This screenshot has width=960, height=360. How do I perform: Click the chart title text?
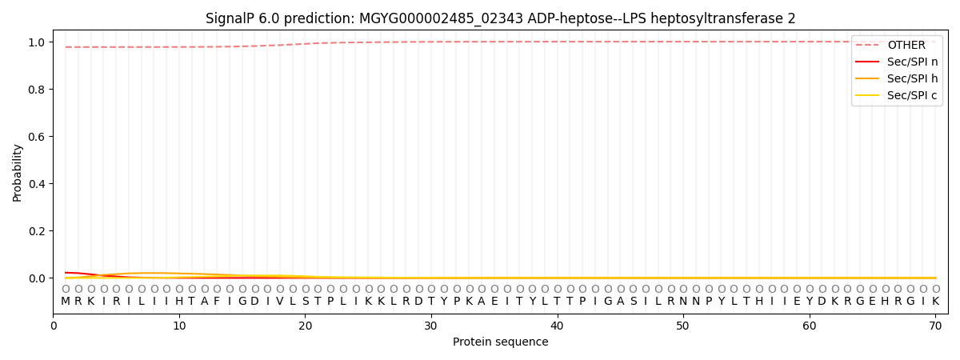[x=500, y=18]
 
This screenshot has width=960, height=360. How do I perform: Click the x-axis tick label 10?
[x=179, y=326]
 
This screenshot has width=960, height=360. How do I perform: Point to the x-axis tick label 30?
[x=431, y=326]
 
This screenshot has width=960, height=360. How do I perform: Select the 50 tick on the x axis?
[x=683, y=326]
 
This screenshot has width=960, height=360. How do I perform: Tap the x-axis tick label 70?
[x=935, y=326]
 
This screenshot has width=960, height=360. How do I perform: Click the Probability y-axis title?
[x=18, y=172]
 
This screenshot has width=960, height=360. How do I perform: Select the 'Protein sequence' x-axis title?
[x=500, y=342]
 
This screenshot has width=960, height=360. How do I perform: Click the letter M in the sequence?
[x=66, y=302]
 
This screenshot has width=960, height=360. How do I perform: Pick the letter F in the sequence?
[x=217, y=302]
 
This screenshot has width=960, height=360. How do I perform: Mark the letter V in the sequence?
[x=280, y=302]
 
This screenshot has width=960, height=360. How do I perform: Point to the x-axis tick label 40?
[x=557, y=326]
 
